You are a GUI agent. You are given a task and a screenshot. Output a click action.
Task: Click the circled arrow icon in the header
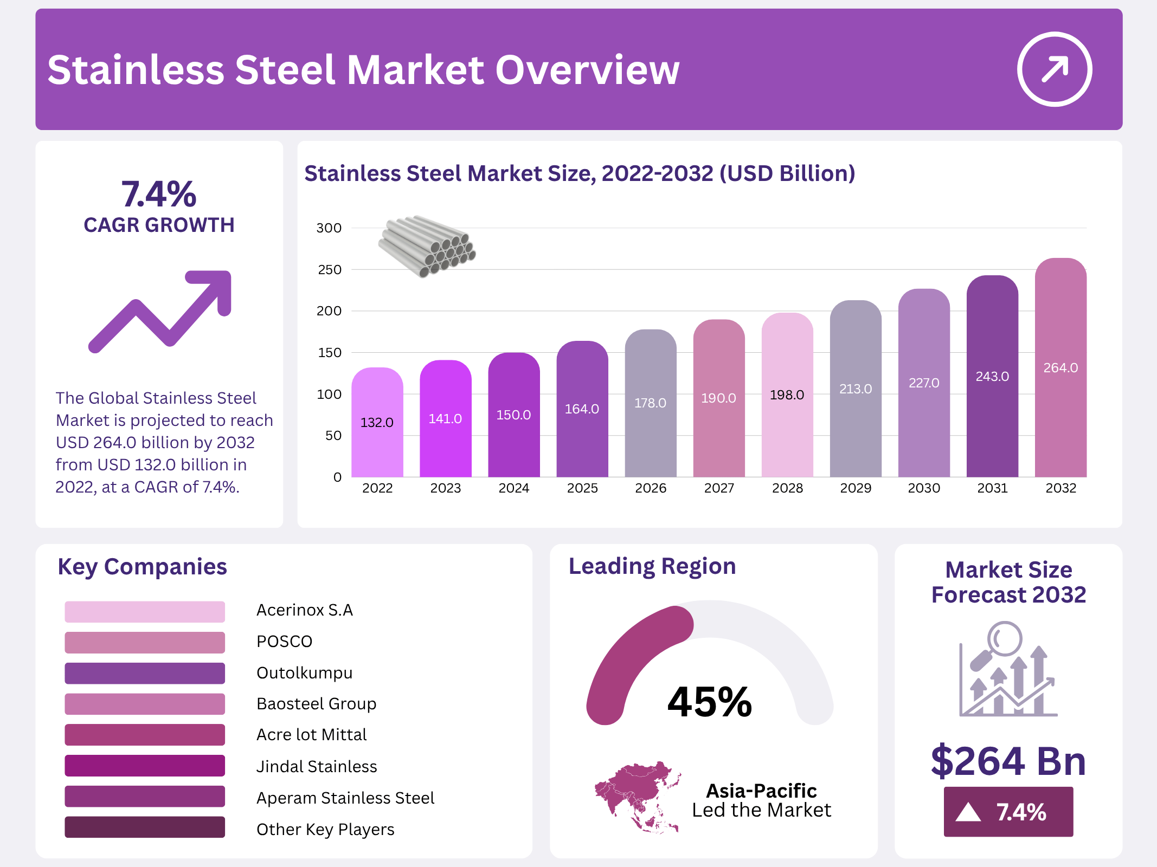pyautogui.click(x=1054, y=69)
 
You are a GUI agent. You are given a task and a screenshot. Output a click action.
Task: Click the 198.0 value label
pyautogui.click(x=787, y=395)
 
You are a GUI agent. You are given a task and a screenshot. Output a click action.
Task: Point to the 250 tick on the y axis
pyautogui.click(x=330, y=270)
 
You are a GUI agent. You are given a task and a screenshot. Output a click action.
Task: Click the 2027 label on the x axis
pyautogui.click(x=719, y=488)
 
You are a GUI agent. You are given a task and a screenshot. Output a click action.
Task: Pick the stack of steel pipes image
pyautogui.click(x=427, y=246)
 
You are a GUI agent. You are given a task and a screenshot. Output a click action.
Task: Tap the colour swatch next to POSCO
pyautogui.click(x=145, y=643)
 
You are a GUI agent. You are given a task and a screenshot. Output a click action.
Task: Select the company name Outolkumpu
pyautogui.click(x=304, y=673)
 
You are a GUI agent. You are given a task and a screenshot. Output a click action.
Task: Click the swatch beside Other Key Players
pyautogui.click(x=145, y=827)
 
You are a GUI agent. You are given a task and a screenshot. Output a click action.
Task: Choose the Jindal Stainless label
pyautogui.click(x=317, y=767)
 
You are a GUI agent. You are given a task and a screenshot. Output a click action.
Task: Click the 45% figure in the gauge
pyautogui.click(x=710, y=702)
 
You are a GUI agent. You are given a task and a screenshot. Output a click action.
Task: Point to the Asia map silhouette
pyautogui.click(x=637, y=796)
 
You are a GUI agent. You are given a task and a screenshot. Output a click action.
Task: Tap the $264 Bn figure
pyautogui.click(x=1008, y=761)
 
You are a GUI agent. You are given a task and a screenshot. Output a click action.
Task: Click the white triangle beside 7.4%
pyautogui.click(x=968, y=812)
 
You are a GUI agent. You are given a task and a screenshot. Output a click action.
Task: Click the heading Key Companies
pyautogui.click(x=142, y=567)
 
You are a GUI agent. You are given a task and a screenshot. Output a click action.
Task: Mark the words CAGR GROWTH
pyautogui.click(x=159, y=225)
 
